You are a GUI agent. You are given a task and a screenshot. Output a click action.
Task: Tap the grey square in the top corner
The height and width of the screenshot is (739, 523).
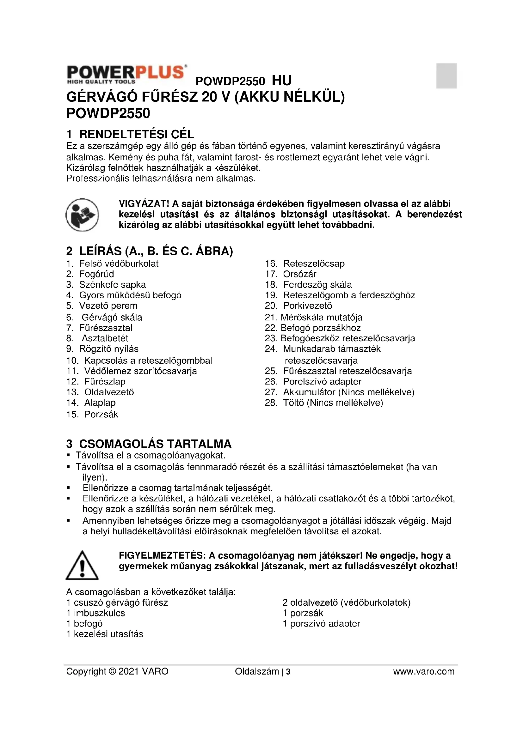[446, 76]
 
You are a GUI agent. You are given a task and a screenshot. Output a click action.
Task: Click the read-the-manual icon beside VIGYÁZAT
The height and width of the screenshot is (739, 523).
[82, 215]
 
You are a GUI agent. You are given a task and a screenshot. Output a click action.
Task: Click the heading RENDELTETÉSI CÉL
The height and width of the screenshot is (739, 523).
[136, 134]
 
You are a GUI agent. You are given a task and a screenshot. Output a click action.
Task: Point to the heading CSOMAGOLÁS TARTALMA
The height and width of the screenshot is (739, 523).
[155, 444]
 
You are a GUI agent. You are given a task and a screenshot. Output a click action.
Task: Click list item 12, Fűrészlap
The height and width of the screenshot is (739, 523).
[105, 381]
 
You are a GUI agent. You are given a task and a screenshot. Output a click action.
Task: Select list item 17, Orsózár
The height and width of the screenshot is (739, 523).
[299, 274]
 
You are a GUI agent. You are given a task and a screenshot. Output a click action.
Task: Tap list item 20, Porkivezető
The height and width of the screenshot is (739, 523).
[307, 306]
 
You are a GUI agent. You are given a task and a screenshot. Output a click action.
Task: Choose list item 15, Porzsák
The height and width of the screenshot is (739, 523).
[101, 414]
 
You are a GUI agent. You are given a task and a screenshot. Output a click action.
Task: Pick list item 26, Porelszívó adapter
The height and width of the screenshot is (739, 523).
[322, 381]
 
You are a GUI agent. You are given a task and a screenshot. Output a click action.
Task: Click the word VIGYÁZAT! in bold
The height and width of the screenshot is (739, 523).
[144, 204]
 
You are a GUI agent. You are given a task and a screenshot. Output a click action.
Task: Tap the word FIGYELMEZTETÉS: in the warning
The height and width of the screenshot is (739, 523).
[162, 555]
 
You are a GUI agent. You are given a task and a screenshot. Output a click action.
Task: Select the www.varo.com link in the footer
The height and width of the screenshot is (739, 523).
[423, 671]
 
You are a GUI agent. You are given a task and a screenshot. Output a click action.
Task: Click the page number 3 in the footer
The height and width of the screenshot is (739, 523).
[288, 672]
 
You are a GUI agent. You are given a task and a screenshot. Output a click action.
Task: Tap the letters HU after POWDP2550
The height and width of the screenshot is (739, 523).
[281, 81]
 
